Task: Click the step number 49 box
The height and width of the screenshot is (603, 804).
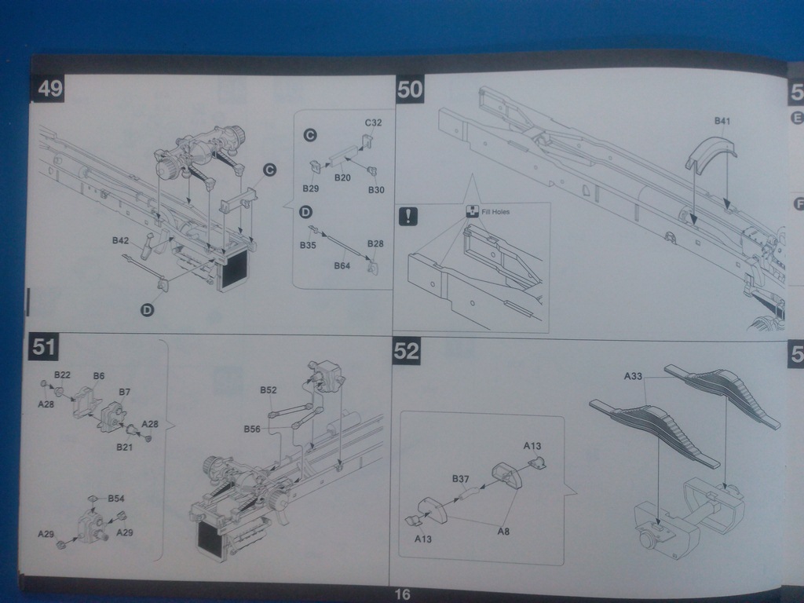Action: pos(49,89)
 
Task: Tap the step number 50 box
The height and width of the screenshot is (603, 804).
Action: pos(410,89)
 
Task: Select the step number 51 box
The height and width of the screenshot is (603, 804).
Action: pos(44,346)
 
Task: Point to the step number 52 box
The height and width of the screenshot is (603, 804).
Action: pos(407,352)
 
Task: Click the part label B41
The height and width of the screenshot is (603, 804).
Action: pos(722,121)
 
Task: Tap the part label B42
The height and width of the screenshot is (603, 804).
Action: pos(120,240)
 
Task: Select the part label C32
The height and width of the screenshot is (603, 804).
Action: pos(374,123)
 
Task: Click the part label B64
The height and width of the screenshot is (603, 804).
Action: pos(342,265)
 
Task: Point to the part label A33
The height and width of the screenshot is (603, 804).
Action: pos(634,376)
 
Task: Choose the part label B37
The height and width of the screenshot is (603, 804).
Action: pos(460,479)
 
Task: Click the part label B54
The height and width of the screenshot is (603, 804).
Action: pos(116,499)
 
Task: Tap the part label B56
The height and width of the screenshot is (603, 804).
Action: pos(251,429)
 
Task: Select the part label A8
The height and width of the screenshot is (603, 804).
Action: pos(503,532)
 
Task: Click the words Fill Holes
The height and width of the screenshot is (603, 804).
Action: pos(497,211)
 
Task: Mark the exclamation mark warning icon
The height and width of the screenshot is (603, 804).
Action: pos(408,217)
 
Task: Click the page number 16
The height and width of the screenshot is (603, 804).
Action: pos(401,594)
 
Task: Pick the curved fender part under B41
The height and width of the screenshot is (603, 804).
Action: pos(711,153)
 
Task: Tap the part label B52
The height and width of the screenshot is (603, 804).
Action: pos(269,389)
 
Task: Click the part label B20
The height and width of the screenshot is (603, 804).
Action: pos(342,177)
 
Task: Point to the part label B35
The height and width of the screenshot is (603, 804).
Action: pos(307,246)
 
